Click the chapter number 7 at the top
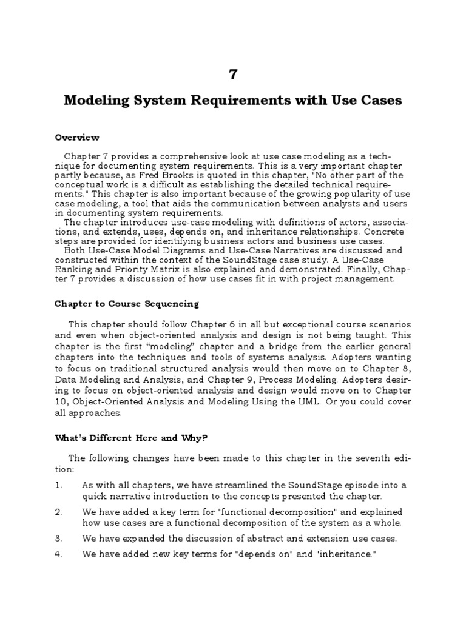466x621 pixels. tap(233, 74)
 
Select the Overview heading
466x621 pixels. tap(77, 138)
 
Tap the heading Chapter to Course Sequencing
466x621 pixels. tap(126, 303)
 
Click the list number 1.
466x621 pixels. tap(58, 485)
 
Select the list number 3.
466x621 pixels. tap(58, 538)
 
